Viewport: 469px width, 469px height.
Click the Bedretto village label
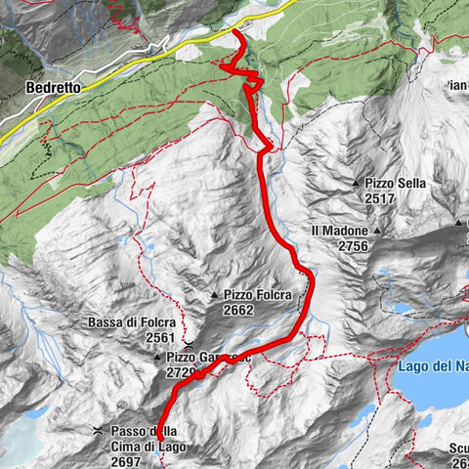[x=50, y=87]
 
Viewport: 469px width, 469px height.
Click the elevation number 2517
[x=384, y=198]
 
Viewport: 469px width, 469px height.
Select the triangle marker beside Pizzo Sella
[x=356, y=183]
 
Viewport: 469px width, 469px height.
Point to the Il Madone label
[x=340, y=231]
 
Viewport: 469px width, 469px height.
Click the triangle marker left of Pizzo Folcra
[x=214, y=294]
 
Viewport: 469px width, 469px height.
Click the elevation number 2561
[x=160, y=337]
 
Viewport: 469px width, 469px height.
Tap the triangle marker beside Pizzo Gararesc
[x=156, y=359]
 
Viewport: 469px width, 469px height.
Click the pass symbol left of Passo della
[x=98, y=431]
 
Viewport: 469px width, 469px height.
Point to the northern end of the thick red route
[x=237, y=34]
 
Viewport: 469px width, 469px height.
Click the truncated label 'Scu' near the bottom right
[x=458, y=449]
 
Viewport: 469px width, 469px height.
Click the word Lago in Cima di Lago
[x=166, y=447]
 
